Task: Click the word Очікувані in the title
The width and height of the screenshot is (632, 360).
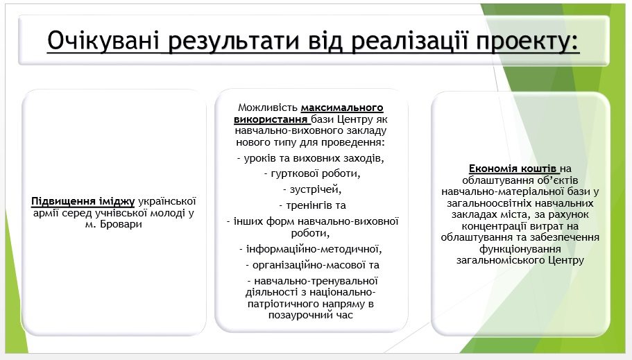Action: click(x=103, y=41)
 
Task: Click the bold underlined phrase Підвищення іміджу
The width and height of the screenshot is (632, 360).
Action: click(x=83, y=200)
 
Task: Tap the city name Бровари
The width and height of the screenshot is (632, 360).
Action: click(x=121, y=224)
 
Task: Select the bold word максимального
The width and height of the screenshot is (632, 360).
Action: click(x=342, y=108)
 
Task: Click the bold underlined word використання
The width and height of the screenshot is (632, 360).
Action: click(x=271, y=119)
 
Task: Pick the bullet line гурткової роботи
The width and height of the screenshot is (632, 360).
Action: click(x=312, y=173)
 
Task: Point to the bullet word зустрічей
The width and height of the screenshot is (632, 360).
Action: click(x=312, y=189)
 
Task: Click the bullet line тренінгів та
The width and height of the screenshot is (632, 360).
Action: click(x=312, y=205)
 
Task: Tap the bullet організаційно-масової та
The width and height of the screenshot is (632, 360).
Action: click(x=312, y=265)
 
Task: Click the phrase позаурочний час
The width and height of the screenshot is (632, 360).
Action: click(x=311, y=315)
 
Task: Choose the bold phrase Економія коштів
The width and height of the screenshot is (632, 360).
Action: click(x=513, y=169)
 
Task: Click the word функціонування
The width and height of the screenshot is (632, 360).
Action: click(x=520, y=249)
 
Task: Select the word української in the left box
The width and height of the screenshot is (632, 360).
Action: click(x=167, y=200)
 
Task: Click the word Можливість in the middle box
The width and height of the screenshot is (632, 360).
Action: click(x=268, y=108)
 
